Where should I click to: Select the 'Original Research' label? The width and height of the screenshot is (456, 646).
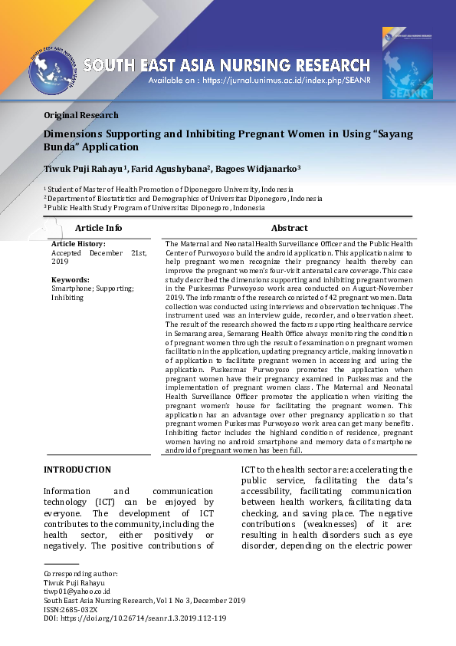point(81,115)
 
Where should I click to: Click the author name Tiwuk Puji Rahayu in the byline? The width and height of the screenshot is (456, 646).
point(85,168)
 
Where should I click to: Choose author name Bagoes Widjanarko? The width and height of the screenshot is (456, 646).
point(258,168)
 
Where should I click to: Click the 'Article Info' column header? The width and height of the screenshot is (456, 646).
point(98,228)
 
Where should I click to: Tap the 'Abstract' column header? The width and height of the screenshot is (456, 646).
point(289,228)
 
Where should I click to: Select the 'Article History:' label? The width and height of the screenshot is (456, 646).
point(78,244)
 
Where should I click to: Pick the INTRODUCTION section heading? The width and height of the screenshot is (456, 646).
point(77,470)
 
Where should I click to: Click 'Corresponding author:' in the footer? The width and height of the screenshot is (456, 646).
point(80,574)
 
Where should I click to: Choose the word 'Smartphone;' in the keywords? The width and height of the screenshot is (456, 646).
point(74,288)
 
